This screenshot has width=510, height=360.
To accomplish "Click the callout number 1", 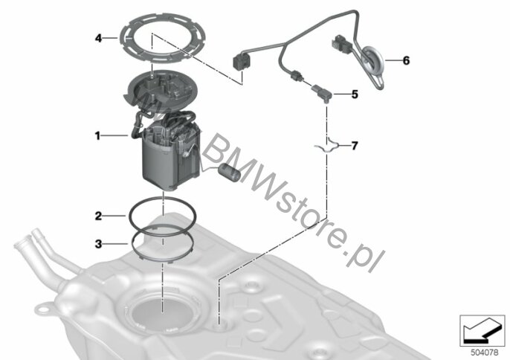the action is (x=97, y=135).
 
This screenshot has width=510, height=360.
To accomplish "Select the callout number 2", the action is (x=98, y=216).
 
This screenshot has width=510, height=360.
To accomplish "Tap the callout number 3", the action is (x=98, y=243).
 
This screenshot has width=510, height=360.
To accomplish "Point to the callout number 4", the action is (x=98, y=38).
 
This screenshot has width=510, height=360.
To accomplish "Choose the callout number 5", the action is (x=355, y=94).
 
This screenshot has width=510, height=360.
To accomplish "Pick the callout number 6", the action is (x=406, y=60).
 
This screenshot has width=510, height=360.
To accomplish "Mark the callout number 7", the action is (x=355, y=145).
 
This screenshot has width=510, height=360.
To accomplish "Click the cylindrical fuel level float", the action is (x=230, y=172).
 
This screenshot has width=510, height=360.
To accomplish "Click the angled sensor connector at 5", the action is (x=322, y=92).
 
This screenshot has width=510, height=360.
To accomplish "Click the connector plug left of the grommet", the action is (x=341, y=45).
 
